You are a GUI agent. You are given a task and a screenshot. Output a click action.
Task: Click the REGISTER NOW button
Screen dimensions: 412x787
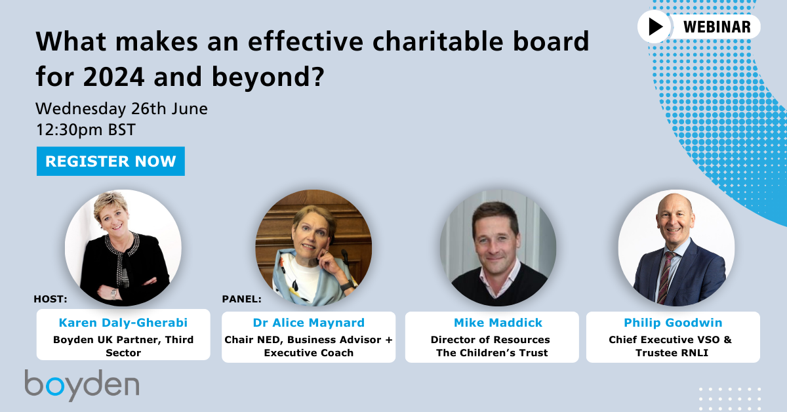click(x=110, y=161)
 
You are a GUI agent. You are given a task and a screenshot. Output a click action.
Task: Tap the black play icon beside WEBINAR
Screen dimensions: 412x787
click(x=655, y=27)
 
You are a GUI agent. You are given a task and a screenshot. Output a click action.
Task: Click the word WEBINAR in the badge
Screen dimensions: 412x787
click(x=716, y=27)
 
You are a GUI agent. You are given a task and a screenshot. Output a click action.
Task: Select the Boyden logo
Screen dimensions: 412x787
click(x=82, y=385)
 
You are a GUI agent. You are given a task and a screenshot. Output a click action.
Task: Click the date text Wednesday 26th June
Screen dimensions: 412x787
click(x=121, y=108)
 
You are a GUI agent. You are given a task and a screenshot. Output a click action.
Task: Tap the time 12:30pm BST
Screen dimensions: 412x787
click(x=86, y=129)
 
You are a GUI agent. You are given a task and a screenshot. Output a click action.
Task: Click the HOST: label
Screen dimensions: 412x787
click(x=50, y=299)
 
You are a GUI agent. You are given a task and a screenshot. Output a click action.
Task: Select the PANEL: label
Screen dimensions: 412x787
click(x=242, y=299)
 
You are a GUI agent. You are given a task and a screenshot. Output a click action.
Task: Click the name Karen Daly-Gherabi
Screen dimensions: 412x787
click(x=123, y=323)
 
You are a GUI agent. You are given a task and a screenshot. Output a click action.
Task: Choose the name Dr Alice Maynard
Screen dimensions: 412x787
click(x=308, y=323)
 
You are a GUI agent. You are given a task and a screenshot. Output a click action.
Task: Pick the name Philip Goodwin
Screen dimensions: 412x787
click(x=672, y=323)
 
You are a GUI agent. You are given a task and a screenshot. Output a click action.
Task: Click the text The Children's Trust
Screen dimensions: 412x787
click(x=492, y=352)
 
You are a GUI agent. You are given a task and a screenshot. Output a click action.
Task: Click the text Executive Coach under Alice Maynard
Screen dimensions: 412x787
click(x=308, y=352)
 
